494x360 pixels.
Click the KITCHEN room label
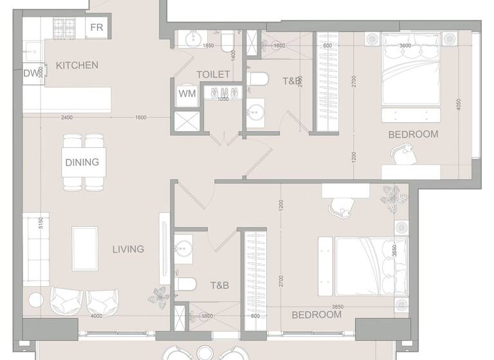pyautogui.click(x=77, y=65)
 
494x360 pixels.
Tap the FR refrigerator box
pyautogui.click(x=96, y=27)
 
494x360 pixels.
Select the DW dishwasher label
pyautogui.click(x=31, y=73)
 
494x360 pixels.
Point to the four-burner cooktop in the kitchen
pyautogui.click(x=65, y=27)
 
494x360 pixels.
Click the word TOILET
pyautogui.click(x=213, y=75)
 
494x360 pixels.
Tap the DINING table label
pyautogui.click(x=82, y=162)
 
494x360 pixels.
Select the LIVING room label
pyautogui.click(x=128, y=249)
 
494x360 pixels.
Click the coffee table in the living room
pyautogui.click(x=85, y=249)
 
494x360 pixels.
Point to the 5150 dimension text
pyautogui.click(x=41, y=223)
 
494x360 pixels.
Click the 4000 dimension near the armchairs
pyautogui.click(x=96, y=316)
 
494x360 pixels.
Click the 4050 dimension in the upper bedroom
pyautogui.click(x=459, y=104)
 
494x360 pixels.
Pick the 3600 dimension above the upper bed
pyautogui.click(x=405, y=46)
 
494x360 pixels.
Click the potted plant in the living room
pyautogui.click(x=158, y=297)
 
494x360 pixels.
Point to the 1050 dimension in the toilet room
pyautogui.click(x=224, y=99)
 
